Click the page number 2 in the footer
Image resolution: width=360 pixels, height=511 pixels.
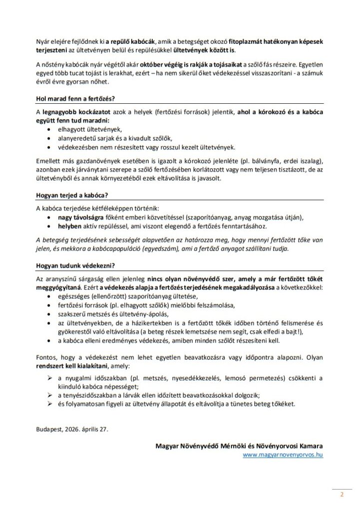(x=342, y=495)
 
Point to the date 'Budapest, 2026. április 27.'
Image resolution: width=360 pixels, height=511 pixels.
(x=71, y=429)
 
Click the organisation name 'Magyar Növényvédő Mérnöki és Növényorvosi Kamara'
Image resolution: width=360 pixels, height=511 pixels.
(x=239, y=446)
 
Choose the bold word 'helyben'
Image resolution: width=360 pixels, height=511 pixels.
(x=69, y=226)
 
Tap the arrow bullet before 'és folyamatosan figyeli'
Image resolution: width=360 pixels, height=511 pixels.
(x=48, y=403)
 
